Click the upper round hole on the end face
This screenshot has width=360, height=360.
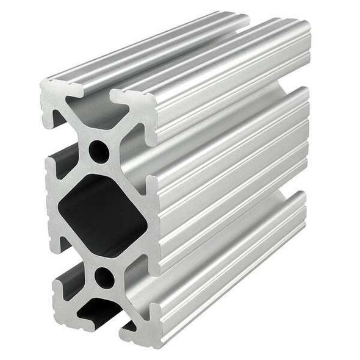click(x=99, y=151)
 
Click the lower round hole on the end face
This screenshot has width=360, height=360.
click(x=104, y=278)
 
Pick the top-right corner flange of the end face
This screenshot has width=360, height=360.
click(x=137, y=107)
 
